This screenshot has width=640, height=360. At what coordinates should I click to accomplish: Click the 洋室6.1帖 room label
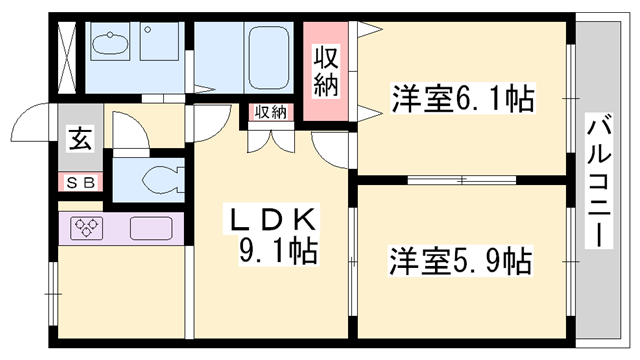(x=461, y=99)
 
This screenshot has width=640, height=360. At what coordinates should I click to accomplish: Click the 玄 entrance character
(x=78, y=139)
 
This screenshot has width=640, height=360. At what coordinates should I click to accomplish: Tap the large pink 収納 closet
(x=328, y=70)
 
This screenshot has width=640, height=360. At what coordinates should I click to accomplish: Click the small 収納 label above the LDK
(x=269, y=112)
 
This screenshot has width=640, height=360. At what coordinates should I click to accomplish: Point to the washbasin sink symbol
(x=107, y=46)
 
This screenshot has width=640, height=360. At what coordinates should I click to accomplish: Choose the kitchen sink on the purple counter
(x=149, y=228)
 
